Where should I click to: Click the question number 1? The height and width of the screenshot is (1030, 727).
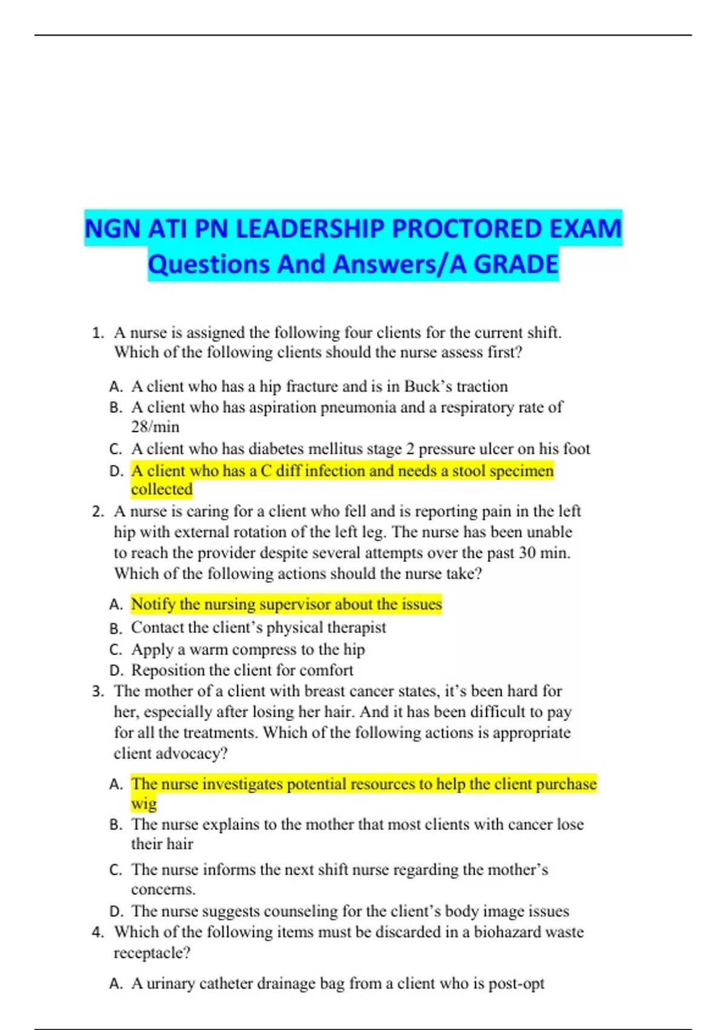(x=97, y=333)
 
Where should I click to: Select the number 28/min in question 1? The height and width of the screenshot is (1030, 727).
(x=155, y=427)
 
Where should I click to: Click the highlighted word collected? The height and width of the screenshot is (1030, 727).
(x=162, y=489)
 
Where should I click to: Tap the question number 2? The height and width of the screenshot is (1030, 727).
(x=98, y=511)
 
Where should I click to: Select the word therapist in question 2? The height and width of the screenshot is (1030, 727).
(x=356, y=627)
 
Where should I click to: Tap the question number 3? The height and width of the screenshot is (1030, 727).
(x=98, y=691)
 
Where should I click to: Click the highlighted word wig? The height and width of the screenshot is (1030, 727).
(x=144, y=803)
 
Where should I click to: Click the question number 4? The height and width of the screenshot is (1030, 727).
(x=98, y=932)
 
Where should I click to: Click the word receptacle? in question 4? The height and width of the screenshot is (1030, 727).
(x=152, y=953)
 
